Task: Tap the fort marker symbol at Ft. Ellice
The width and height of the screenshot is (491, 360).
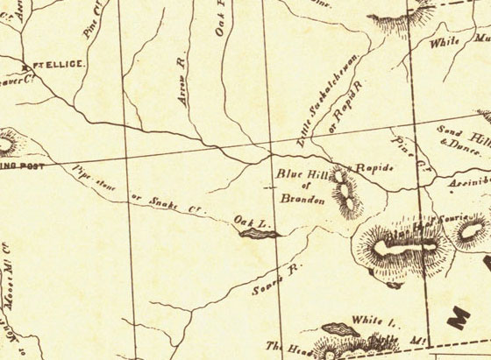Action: pos(25,65)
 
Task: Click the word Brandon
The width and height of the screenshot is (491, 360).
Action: pos(296,199)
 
